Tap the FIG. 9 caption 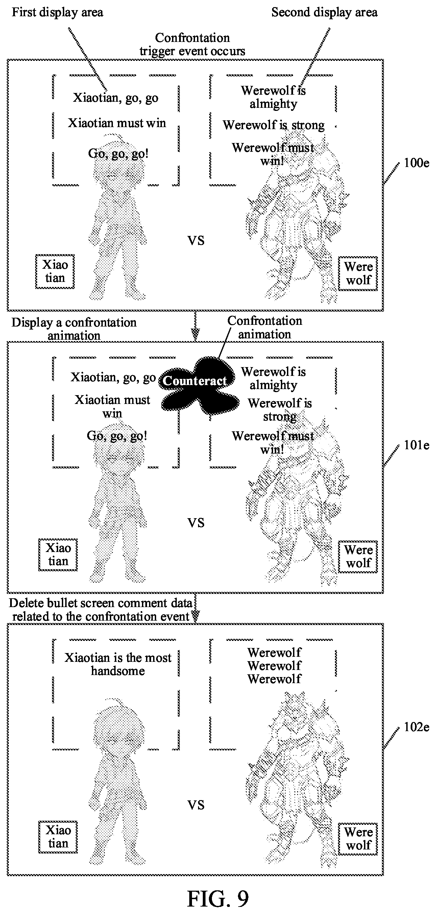tap(217, 898)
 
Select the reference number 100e tap(416, 163)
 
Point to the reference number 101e tap(416, 445)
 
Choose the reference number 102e tap(416, 727)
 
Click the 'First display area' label tap(57, 13)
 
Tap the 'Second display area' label tap(324, 13)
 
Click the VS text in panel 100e tap(196, 241)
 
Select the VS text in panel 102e tap(196, 805)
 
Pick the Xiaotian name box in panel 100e tap(55, 271)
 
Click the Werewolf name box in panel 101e tap(358, 556)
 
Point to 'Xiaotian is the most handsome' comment tap(118, 664)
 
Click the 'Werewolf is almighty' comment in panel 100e tap(273, 97)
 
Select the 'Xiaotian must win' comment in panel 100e tap(117, 123)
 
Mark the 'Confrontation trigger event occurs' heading tap(192, 44)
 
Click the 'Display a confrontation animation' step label tap(74, 329)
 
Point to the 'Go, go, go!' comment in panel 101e tap(117, 436)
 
